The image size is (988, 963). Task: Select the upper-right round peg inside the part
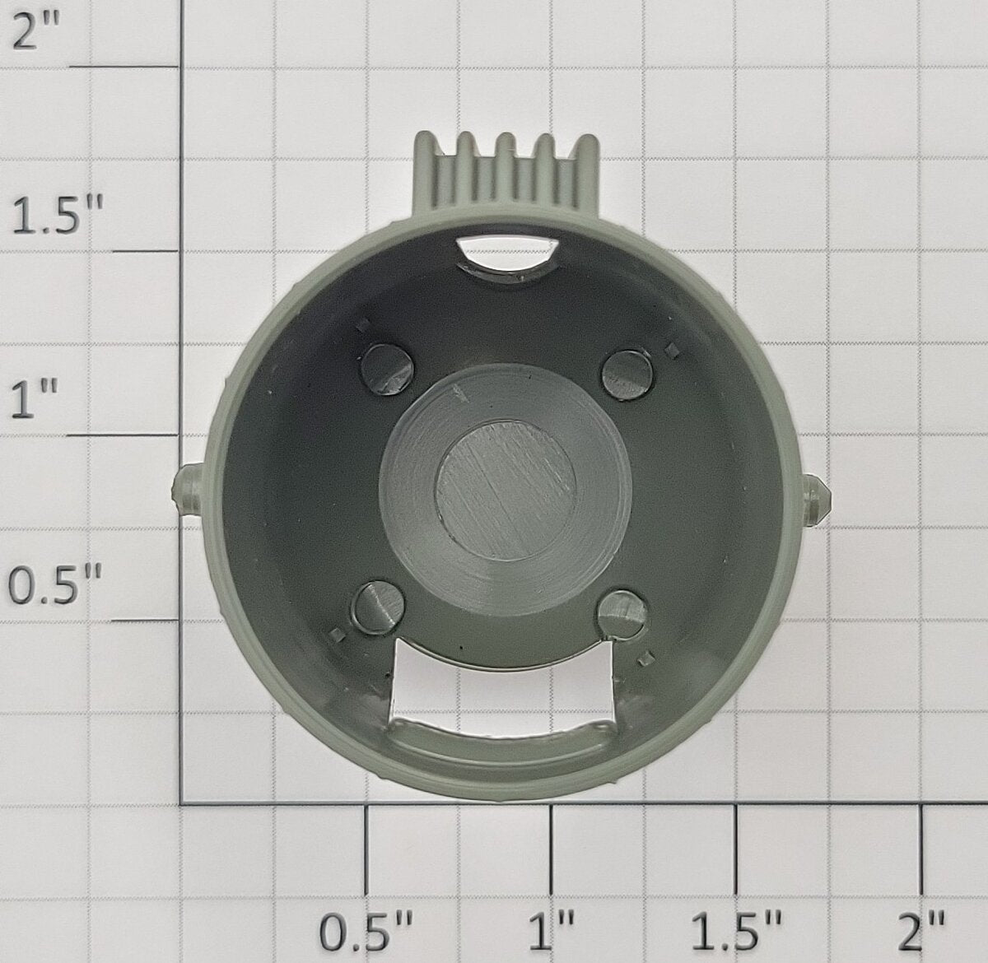tap(627, 374)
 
